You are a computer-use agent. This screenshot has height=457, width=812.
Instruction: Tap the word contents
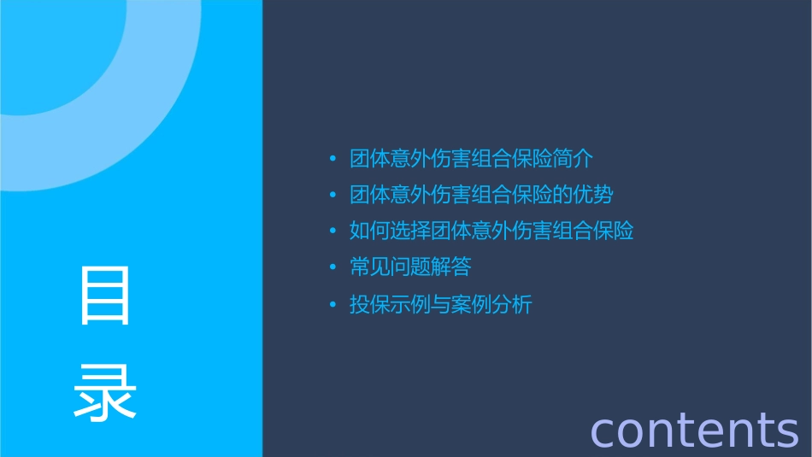coord(694,430)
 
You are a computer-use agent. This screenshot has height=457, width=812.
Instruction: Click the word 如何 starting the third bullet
coord(370,231)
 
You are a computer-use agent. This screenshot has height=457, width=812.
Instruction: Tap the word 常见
coord(370,267)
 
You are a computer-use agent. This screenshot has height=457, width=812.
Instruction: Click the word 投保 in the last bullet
coord(370,304)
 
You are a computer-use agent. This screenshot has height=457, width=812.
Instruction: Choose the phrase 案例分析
coord(491,304)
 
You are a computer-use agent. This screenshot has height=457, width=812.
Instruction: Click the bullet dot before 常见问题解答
coord(333,268)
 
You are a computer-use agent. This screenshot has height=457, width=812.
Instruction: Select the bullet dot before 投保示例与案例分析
coord(333,305)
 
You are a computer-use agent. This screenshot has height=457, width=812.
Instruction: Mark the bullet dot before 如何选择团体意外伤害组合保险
coord(333,231)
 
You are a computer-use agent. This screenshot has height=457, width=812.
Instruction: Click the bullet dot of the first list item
coord(333,160)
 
